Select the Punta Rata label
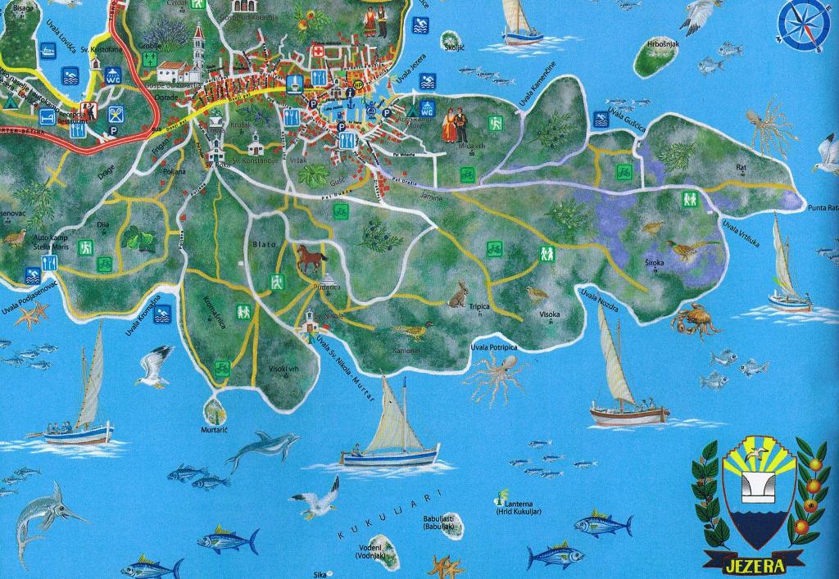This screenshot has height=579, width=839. point(822,207)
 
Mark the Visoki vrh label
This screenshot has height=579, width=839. point(283,369)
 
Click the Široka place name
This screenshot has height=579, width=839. point(655,262)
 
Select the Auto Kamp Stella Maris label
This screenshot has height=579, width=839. point(52,241)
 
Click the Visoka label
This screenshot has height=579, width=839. point(549,314)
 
